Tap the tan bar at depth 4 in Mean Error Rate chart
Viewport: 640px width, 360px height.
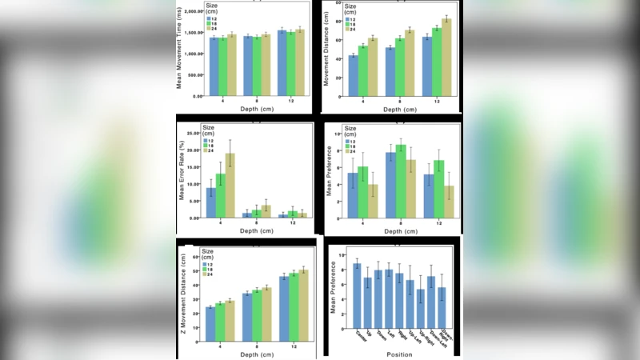pyautogui.click(x=230, y=186)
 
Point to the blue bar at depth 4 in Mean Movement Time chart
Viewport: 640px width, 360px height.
pyautogui.click(x=214, y=66)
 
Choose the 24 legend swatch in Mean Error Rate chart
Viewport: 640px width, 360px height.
pyautogui.click(x=205, y=150)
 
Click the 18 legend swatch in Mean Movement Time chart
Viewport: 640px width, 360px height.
pyautogui.click(x=205, y=24)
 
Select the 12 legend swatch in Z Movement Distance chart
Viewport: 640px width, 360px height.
pyautogui.click(x=205, y=264)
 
